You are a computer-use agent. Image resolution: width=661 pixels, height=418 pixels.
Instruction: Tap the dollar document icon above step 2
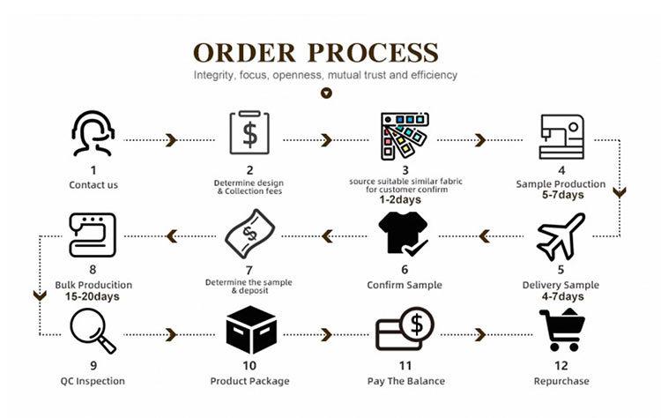click(249, 134)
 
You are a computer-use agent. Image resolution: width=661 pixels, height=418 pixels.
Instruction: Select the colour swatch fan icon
click(405, 134)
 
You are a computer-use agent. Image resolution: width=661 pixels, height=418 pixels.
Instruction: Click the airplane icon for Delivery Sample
click(561, 235)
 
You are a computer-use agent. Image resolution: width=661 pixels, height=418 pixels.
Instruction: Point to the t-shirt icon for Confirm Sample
click(405, 235)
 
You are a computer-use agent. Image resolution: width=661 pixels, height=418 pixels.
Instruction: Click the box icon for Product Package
click(249, 331)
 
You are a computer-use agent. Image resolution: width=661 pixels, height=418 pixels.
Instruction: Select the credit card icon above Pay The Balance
click(405, 332)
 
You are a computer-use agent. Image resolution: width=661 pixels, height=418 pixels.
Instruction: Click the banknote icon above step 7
click(249, 234)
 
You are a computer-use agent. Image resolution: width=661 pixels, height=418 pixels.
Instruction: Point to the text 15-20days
click(93, 297)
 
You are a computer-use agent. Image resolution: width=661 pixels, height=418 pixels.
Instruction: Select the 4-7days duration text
click(561, 297)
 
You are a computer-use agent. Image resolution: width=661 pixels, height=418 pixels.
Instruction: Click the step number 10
click(249, 365)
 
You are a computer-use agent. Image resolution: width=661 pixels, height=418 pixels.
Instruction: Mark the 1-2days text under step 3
click(405, 200)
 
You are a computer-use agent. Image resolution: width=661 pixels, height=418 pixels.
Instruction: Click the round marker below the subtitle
click(327, 92)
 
